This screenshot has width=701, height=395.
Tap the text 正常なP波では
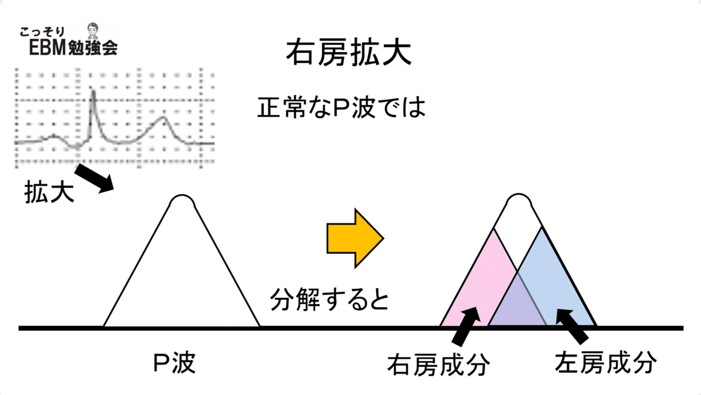pos(341,108)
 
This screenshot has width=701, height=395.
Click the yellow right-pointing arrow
pos(355,238)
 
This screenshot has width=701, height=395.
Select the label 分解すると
pos(329,300)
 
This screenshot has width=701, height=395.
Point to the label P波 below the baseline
pos(174,363)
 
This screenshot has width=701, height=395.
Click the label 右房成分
pos(439,365)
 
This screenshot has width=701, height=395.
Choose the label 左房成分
pos(606,362)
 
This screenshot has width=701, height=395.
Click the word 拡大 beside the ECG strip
pos(49,192)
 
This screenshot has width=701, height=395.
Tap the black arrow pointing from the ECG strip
pos(94,178)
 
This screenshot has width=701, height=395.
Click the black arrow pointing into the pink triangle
pos(466,326)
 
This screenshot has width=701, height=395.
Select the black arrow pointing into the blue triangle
pos(572,326)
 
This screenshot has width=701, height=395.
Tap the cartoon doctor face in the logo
pos(93,30)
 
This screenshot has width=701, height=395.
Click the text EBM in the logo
pos(47,48)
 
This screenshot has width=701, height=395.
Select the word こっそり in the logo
pos(42,32)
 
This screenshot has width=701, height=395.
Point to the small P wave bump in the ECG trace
pos(54,137)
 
